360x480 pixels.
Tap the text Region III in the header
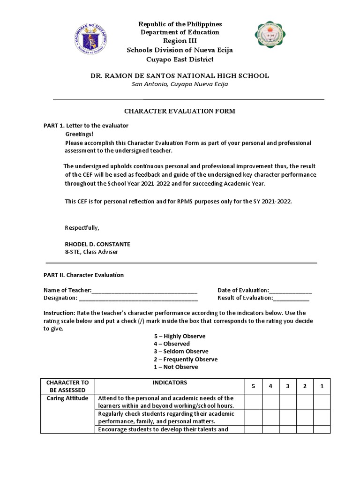tap(180, 41)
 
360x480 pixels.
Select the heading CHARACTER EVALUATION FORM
tap(180, 111)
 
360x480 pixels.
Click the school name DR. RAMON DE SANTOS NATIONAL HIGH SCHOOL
tap(180, 75)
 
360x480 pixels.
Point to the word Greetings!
tap(79, 135)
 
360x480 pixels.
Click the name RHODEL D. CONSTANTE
tap(97, 244)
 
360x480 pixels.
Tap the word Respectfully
tap(82, 228)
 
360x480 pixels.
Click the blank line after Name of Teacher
tap(145, 291)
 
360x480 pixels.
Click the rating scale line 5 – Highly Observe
tap(180, 336)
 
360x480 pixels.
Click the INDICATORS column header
tap(170, 383)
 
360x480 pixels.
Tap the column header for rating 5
tap(253, 386)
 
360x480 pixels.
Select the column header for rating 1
tap(322, 386)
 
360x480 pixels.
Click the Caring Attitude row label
tap(67, 398)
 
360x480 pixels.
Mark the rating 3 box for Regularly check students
tap(287, 417)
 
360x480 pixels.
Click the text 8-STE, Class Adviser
tap(91, 252)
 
